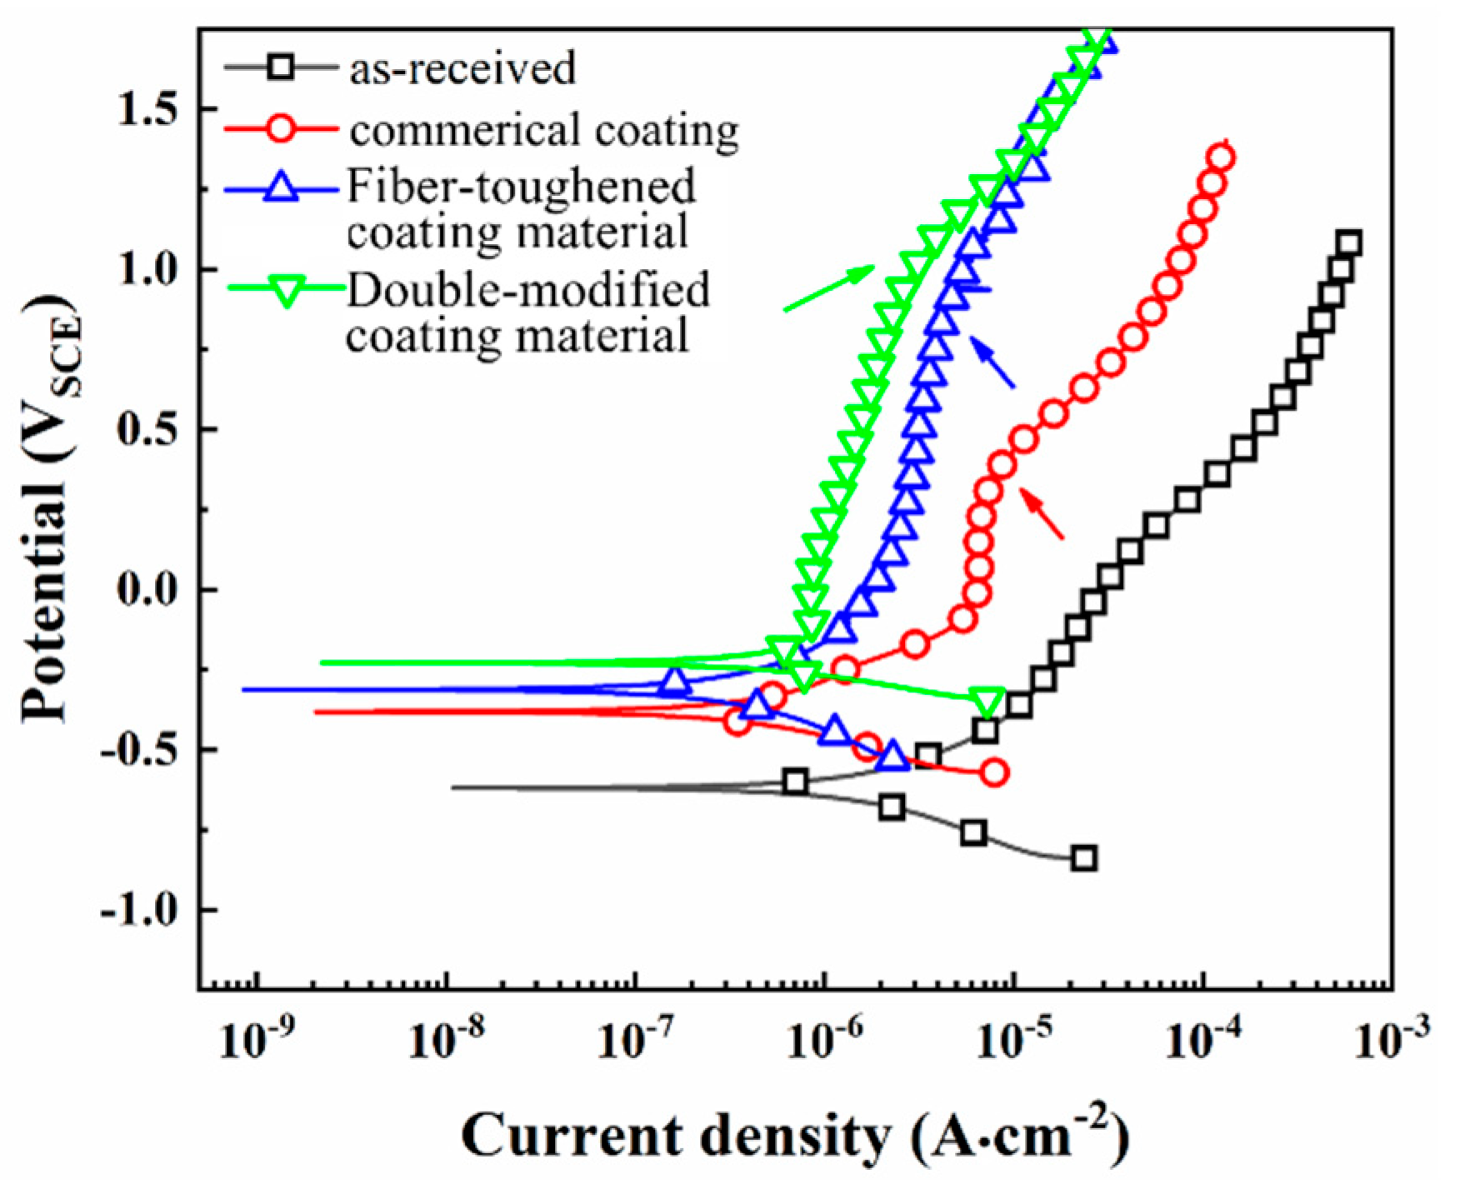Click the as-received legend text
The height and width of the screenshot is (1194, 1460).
click(462, 67)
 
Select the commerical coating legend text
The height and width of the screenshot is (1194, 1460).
click(544, 130)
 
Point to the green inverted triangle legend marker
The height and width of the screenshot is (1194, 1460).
click(286, 292)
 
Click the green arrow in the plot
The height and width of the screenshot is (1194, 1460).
click(829, 288)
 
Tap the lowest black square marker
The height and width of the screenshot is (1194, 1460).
click(1083, 858)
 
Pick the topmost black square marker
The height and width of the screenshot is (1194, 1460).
click(1349, 244)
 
